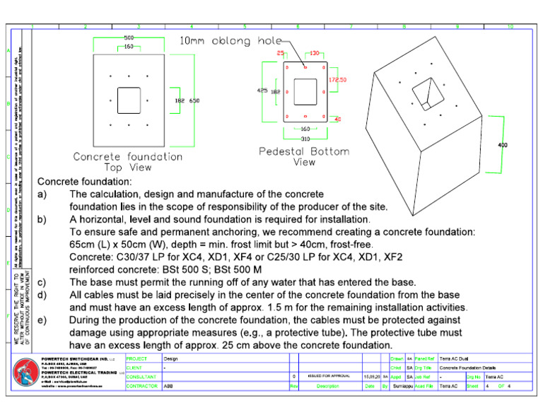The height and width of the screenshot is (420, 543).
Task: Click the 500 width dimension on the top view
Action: pyautogui.click(x=129, y=37)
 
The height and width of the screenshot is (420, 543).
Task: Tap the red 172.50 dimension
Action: pyautogui.click(x=337, y=80)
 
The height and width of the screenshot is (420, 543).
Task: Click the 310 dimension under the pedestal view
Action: pyautogui.click(x=305, y=139)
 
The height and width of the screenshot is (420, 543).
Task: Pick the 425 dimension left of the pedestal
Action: pyautogui.click(x=262, y=91)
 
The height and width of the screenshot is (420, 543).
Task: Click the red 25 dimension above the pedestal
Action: pyautogui.click(x=281, y=53)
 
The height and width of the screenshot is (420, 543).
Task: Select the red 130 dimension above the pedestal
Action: pyautogui.click(x=314, y=53)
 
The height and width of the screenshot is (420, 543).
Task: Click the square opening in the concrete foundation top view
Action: pyautogui.click(x=129, y=100)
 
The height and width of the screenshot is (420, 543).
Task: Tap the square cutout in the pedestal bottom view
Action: pyautogui.click(x=305, y=91)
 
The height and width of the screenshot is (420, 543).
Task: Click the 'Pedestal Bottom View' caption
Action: pyautogui.click(x=305, y=156)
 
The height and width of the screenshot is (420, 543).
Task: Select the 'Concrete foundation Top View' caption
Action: pyautogui.click(x=128, y=162)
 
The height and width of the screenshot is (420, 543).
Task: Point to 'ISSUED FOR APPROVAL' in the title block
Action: pyautogui.click(x=325, y=377)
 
